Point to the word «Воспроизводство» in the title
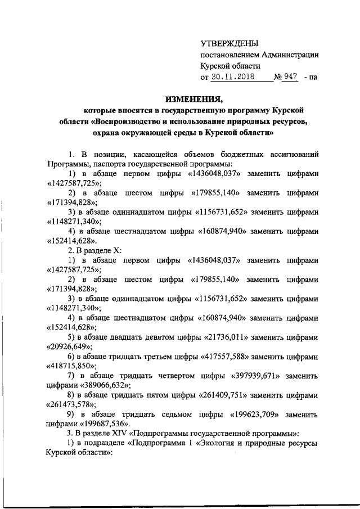pos(128,121)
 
